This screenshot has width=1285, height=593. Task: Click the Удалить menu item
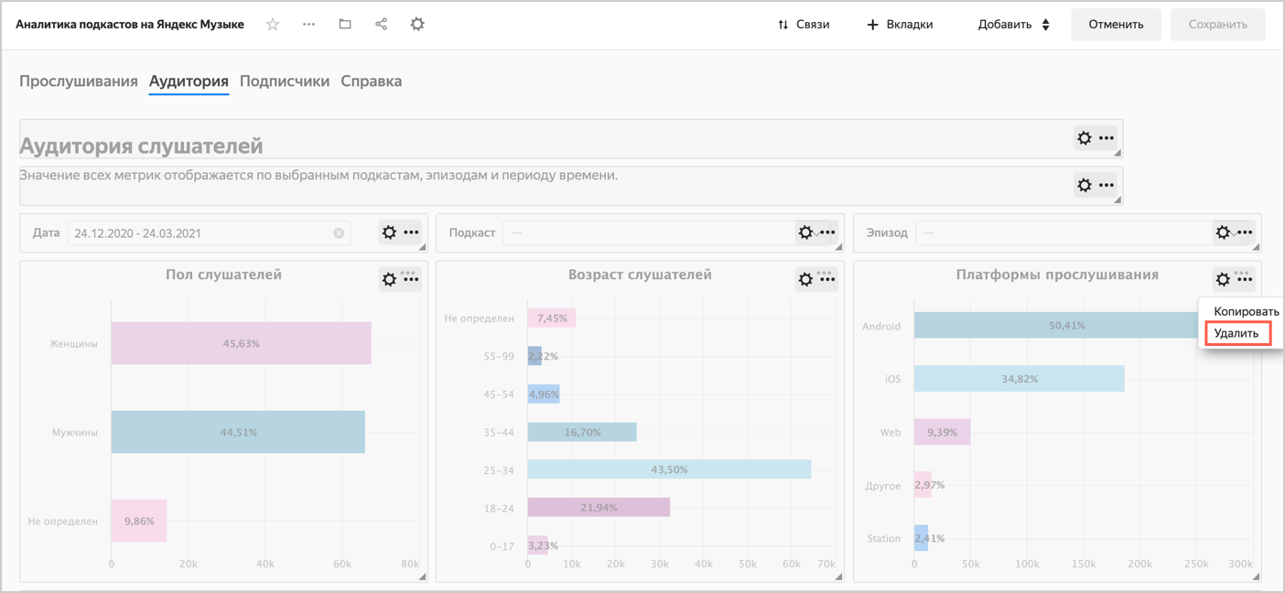[x=1236, y=334]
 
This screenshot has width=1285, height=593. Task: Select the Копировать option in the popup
[x=1246, y=312]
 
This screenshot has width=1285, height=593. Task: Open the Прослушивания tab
[x=79, y=81]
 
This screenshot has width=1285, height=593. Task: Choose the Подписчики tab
[x=285, y=81]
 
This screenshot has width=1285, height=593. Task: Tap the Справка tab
[x=372, y=81]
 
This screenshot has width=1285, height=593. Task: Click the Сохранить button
[x=1217, y=25]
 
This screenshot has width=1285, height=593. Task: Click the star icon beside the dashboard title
[x=273, y=25]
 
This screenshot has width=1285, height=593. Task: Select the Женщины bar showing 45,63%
[x=241, y=343]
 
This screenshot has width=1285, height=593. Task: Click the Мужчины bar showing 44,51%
[x=238, y=432]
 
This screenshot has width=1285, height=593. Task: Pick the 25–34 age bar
[x=669, y=469]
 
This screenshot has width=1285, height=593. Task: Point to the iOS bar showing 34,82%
[x=1019, y=379]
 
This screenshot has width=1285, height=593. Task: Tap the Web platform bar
[x=942, y=432]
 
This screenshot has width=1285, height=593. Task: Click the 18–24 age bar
[x=599, y=507]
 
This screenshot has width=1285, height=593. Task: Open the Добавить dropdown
[x=1013, y=25]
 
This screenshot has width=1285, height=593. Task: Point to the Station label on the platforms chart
[x=884, y=539]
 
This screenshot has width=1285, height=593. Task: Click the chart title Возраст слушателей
[x=640, y=275]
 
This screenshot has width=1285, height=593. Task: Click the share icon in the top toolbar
[x=381, y=25]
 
